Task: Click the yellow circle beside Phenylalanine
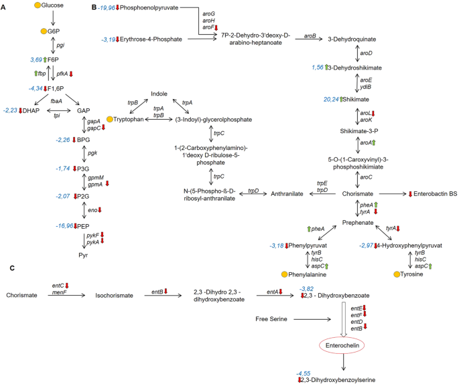tap(285, 275)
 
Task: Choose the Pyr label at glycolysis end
tap(84, 256)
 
